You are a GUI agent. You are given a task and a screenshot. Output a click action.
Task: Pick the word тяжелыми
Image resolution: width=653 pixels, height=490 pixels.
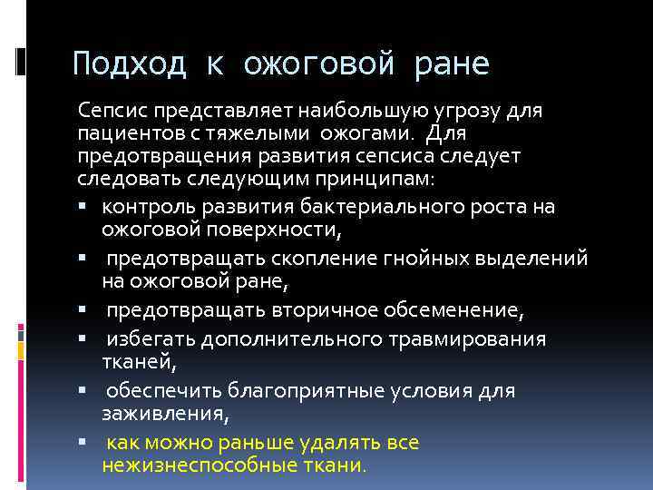click(245, 133)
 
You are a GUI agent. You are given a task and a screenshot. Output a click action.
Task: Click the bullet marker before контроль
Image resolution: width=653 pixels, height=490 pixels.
click(82, 206)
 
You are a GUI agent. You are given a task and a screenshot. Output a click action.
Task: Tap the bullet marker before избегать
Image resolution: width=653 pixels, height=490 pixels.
click(82, 338)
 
